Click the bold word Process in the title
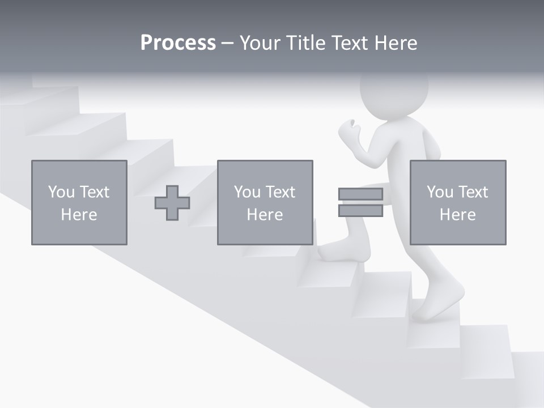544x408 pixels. click(178, 43)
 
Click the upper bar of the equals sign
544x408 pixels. click(360, 194)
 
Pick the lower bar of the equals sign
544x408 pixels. click(360, 211)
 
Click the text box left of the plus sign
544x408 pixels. click(79, 202)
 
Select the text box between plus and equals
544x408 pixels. click(265, 202)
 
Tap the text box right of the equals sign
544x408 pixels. click(458, 202)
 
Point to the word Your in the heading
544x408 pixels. click(260, 43)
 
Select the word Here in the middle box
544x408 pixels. click(265, 215)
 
